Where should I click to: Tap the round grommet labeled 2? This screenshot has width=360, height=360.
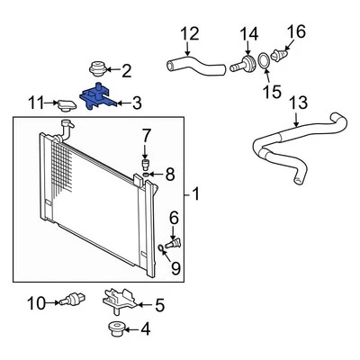(x=97, y=68)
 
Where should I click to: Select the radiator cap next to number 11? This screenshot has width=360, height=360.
(x=68, y=105)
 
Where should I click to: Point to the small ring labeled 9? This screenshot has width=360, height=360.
(x=161, y=247)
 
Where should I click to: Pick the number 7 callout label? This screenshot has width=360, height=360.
(x=146, y=135)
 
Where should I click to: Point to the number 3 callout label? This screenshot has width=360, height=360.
(x=137, y=103)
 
